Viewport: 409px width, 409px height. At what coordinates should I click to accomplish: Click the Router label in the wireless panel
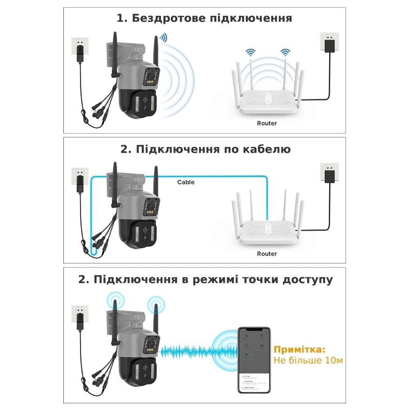[267, 123]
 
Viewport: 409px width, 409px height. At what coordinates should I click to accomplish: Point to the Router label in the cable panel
[267, 254]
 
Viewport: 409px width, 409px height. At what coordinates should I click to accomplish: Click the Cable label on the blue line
[186, 182]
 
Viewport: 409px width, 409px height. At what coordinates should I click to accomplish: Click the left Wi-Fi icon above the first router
[250, 52]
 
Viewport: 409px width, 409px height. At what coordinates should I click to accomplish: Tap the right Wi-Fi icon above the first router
[285, 52]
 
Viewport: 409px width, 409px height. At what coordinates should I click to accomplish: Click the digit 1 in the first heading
[119, 19]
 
